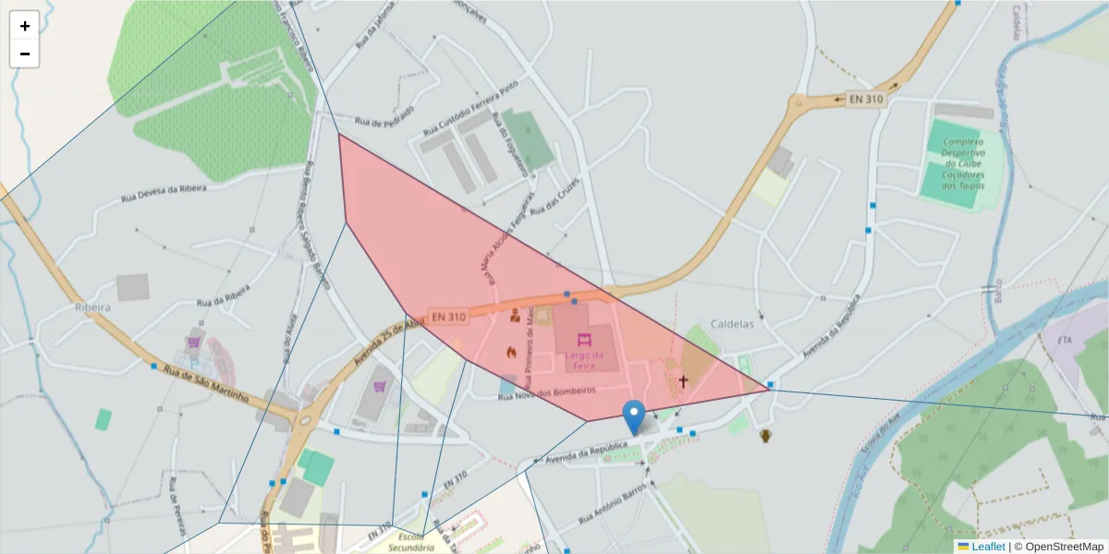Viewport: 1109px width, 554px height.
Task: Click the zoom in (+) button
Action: pyautogui.click(x=24, y=26)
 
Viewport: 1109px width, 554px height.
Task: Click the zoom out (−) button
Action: pyautogui.click(x=24, y=54)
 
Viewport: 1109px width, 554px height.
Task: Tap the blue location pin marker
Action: pyautogui.click(x=634, y=417)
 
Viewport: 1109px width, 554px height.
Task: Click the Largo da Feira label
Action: pyautogui.click(x=584, y=360)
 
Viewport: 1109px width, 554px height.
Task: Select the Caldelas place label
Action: pyautogui.click(x=732, y=324)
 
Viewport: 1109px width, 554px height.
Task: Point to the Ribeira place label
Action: pyautogui.click(x=93, y=307)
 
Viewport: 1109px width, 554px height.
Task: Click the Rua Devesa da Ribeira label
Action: pyautogui.click(x=164, y=193)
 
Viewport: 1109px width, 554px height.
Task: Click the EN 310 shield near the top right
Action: pyautogui.click(x=866, y=99)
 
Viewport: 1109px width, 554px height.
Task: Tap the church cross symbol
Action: pyautogui.click(x=684, y=380)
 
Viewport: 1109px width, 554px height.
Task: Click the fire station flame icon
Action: pyautogui.click(x=509, y=352)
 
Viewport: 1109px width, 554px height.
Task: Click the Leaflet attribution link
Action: pyautogui.click(x=988, y=546)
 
